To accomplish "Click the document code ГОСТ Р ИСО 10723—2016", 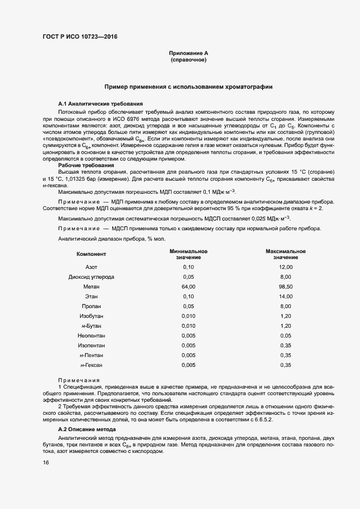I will tap(80, 37).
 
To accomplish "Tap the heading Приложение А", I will tap(188, 53).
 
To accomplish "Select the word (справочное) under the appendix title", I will tap(188, 60).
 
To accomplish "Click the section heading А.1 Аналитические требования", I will tap(100, 103).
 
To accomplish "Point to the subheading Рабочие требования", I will tap(86, 165).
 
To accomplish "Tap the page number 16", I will tap(46, 462).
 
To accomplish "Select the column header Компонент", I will tap(91, 254).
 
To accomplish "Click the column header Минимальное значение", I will tap(188, 254).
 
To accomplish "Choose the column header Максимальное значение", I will tap(285, 254).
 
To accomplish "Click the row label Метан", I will tap(91, 286).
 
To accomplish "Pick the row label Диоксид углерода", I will tap(91, 277).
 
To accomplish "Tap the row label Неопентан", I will tap(91, 335).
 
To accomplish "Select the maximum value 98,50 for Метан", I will tap(285, 286).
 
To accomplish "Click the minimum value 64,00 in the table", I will tap(188, 286).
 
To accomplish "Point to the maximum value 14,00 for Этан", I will tap(285, 296).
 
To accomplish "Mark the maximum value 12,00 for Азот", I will tap(285, 267).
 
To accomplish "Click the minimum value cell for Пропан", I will tap(188, 306).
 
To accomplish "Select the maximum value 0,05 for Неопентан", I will tap(285, 335).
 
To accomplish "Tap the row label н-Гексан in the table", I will tap(91, 365).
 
